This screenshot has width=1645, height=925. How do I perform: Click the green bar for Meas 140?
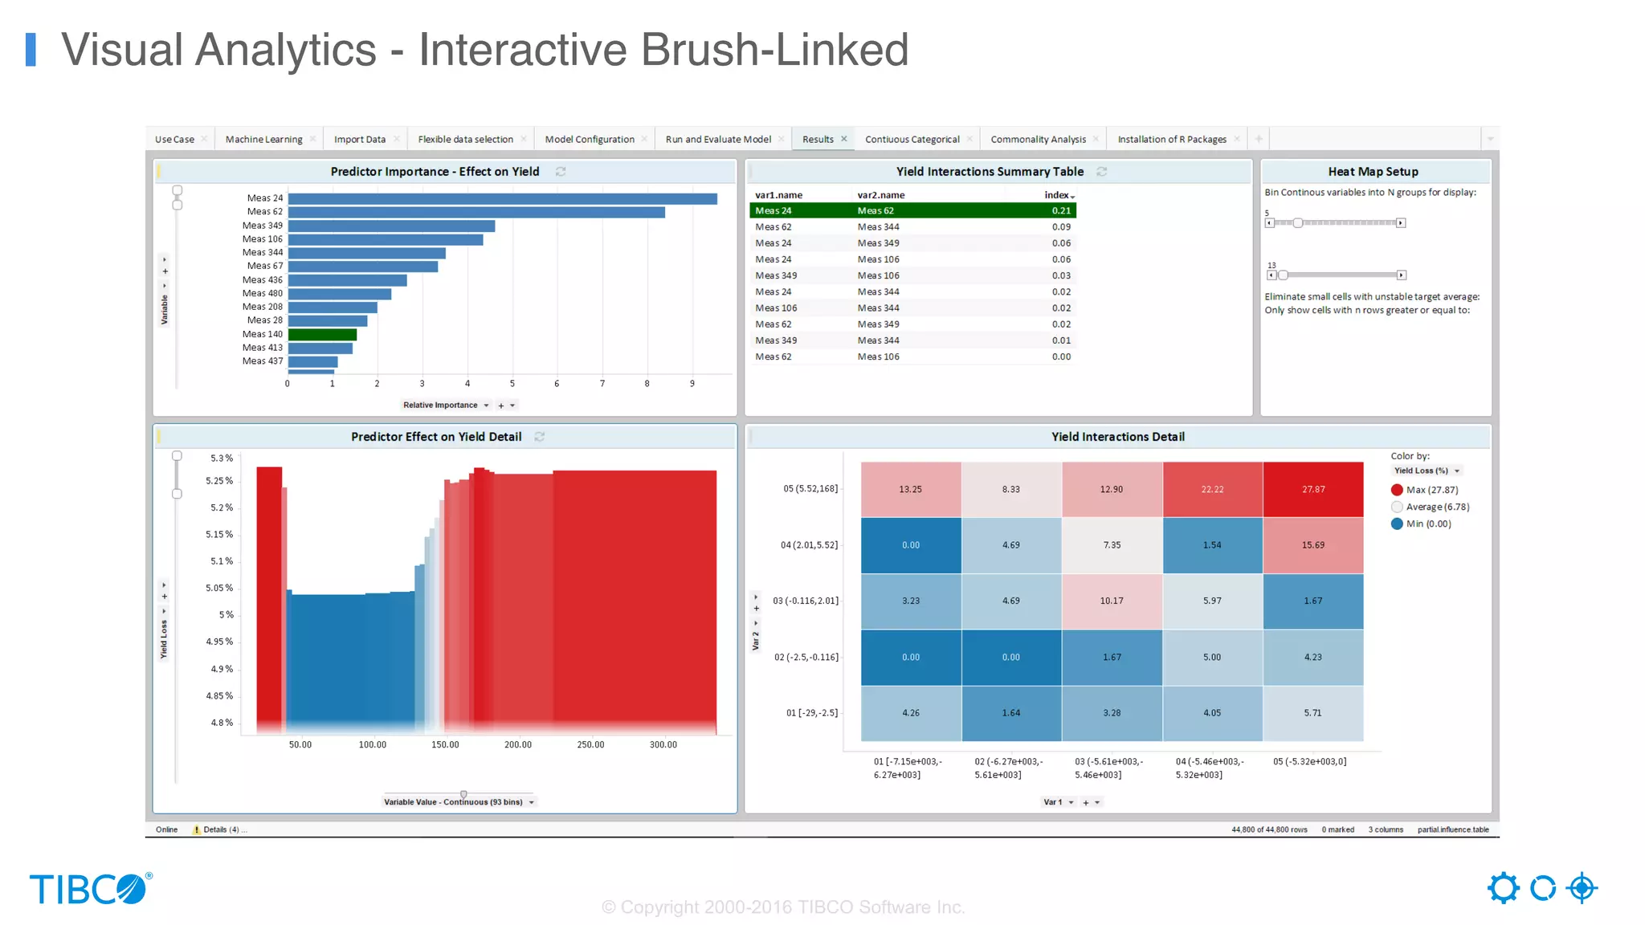coord(322,334)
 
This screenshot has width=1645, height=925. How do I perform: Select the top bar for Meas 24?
coord(502,198)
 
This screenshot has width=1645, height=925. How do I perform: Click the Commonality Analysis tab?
coord(1038,139)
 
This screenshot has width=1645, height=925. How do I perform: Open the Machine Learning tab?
coord(263,139)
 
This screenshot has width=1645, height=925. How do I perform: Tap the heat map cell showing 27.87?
coord(1312,489)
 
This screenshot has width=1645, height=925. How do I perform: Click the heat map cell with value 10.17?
coord(1112,601)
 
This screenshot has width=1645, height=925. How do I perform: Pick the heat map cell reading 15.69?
coord(1312,545)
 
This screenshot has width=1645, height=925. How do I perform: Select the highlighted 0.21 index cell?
coord(1061,210)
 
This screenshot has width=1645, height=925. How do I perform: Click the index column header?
coord(1057,195)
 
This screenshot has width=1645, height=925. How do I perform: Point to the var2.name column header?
coord(880,195)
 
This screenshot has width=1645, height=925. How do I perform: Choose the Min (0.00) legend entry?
coord(1427,524)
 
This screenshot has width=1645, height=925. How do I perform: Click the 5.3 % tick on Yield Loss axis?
coord(222,458)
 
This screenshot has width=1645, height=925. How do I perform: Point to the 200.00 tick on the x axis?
coord(517,744)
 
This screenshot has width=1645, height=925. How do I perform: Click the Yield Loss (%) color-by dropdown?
coord(1427,471)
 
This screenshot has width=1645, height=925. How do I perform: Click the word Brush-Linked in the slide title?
coord(774,50)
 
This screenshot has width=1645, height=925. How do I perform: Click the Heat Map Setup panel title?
coord(1373,172)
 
